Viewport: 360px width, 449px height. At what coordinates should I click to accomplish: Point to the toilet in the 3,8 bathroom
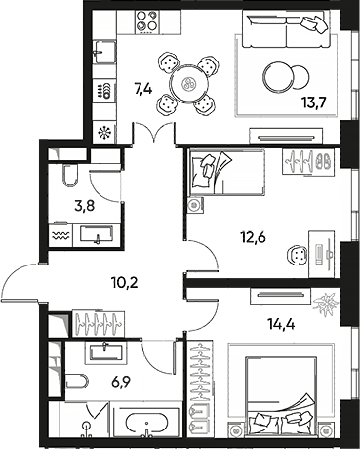(68, 176)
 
